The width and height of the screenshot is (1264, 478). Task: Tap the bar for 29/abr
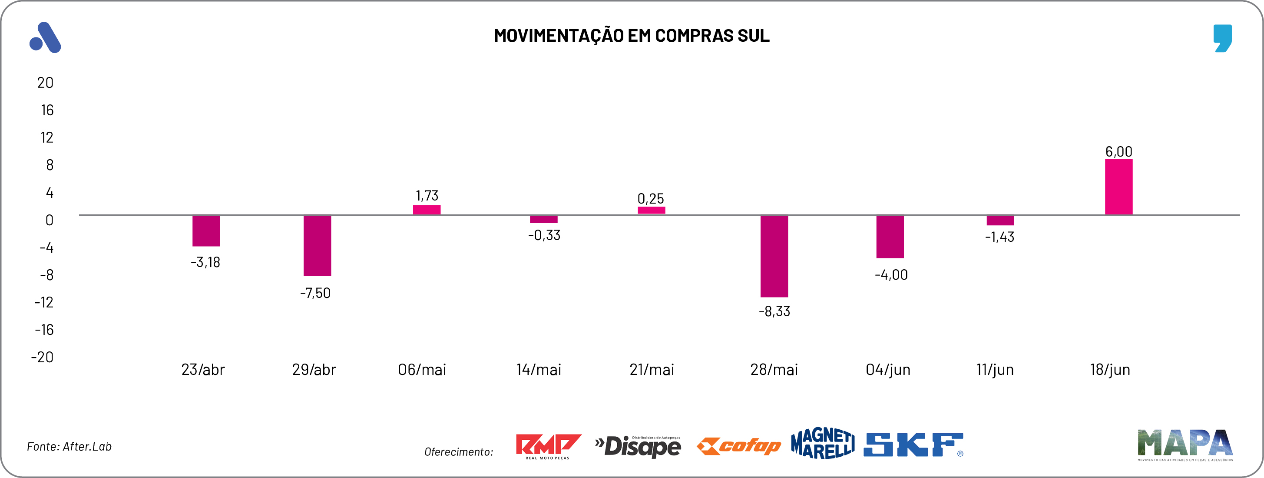[x=317, y=245]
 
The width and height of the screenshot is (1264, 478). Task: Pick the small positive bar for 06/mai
[x=427, y=210]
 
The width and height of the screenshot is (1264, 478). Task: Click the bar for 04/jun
[x=890, y=236]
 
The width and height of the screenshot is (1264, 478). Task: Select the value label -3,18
[x=205, y=262]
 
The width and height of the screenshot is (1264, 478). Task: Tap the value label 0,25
[x=650, y=198]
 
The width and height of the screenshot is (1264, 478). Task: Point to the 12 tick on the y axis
[x=46, y=137]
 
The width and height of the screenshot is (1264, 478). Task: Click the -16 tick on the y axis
[x=44, y=330]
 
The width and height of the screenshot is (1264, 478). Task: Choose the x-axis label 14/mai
[x=538, y=369]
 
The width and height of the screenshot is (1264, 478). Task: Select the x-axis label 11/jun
[x=995, y=369]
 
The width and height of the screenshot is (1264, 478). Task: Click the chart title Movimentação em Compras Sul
[x=632, y=35]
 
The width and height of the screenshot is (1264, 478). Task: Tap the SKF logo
[x=913, y=445]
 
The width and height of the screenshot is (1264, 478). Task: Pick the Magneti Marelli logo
[x=822, y=443]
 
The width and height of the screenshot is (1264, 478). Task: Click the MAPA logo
[x=1185, y=444]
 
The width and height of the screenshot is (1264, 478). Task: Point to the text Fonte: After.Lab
[x=69, y=446]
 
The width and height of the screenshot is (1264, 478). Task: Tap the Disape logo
[x=638, y=446]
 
